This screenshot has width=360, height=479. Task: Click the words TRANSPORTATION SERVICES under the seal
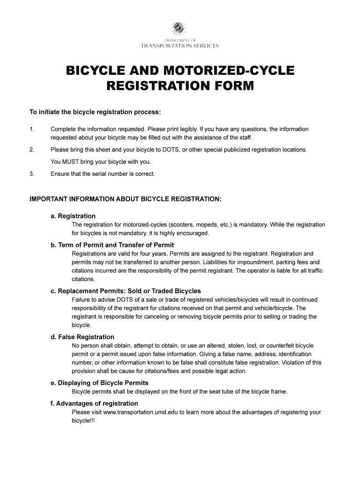click(180, 46)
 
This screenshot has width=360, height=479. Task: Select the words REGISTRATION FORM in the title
click(180, 86)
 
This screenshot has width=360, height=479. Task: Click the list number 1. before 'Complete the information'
click(32, 129)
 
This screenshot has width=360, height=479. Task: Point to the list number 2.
click(32, 150)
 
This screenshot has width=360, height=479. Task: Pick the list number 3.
click(32, 174)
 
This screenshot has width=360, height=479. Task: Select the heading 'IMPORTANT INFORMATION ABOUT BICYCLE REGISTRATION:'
click(125, 199)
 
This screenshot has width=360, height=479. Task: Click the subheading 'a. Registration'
click(73, 216)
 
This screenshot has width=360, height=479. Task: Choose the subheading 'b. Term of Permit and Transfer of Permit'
click(112, 245)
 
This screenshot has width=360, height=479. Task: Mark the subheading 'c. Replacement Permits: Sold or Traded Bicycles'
click(126, 291)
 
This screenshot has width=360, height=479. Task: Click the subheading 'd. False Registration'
click(82, 337)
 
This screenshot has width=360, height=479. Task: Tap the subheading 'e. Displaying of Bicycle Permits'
click(100, 383)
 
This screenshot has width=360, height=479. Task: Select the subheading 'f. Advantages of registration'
click(94, 403)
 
